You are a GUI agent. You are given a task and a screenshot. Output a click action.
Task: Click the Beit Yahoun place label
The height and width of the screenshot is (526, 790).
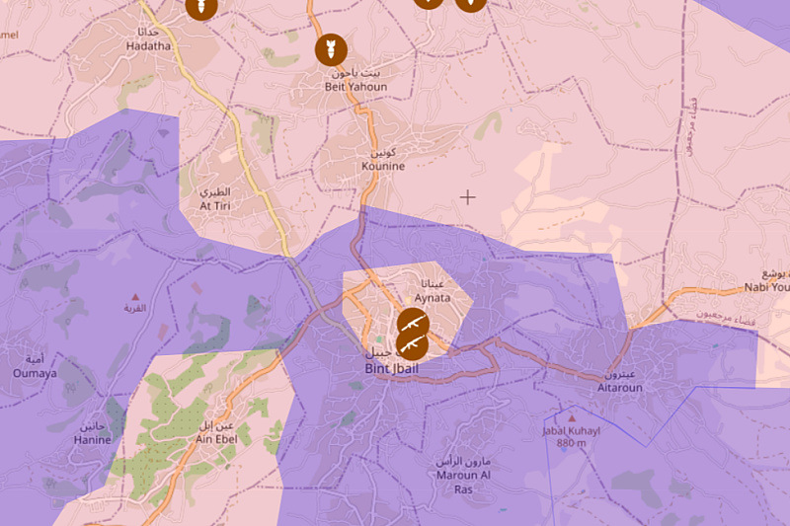tap(355, 87)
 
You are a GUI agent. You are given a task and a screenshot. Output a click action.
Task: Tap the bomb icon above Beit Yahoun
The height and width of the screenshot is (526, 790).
tap(329, 48)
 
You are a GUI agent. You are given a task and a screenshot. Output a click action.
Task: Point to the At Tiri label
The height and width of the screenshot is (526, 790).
tap(214, 205)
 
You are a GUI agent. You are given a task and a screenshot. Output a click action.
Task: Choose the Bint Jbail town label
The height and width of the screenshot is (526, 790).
tap(390, 370)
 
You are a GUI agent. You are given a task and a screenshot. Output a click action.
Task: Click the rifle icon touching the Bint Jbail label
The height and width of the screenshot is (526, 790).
tap(412, 344)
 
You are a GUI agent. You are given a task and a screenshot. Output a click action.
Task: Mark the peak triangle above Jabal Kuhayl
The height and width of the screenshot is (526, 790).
tap(565, 417)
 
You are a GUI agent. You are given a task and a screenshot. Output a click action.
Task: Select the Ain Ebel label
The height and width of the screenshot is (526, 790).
tap(216, 439)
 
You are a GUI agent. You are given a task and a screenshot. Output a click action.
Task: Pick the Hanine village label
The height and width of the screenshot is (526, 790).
tap(92, 440)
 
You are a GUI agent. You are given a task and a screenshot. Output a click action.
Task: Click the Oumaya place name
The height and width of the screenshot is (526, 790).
tap(35, 373)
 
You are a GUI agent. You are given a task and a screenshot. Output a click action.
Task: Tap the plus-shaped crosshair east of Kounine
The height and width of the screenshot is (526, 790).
tap(467, 197)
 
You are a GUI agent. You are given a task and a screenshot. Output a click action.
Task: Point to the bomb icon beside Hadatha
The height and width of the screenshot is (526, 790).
tap(199, 8)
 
